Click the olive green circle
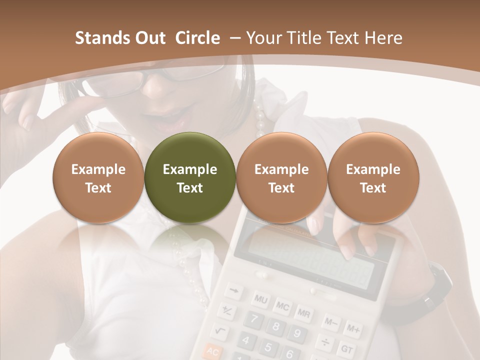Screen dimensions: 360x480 pos(190,177)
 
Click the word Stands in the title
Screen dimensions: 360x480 pos(95,38)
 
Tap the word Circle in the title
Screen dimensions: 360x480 pos(197,38)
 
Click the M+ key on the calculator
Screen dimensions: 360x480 pos(353,329)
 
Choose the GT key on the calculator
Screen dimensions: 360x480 pos(346,348)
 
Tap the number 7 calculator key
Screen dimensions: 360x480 pos(254,318)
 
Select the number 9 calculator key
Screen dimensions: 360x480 pos(297,333)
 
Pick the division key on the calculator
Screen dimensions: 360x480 pos(325,342)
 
